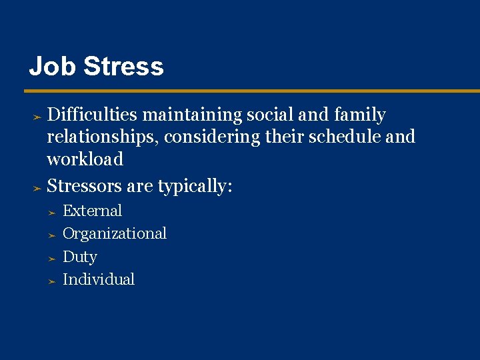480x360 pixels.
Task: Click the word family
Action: [x=359, y=115]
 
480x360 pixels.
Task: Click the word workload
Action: [x=85, y=159]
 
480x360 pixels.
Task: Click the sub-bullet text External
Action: [x=92, y=211]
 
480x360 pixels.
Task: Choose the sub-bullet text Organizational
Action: [x=114, y=234]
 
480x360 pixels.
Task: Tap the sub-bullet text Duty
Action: [x=79, y=257]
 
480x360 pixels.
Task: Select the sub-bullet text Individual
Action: [x=98, y=279]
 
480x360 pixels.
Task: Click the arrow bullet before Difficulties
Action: [x=38, y=116]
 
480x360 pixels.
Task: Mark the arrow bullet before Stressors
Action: [x=38, y=187]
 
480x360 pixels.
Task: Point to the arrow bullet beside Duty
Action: [x=51, y=258]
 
